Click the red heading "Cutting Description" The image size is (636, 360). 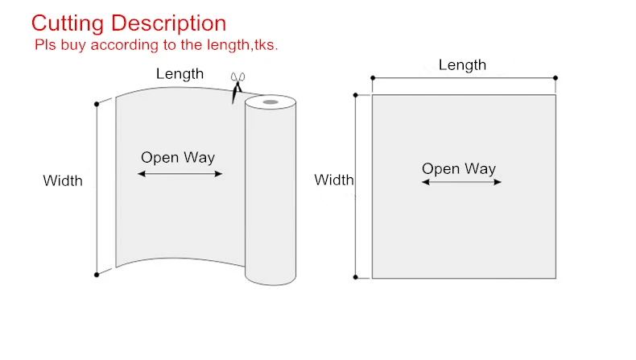(129, 23)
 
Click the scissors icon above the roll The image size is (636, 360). (237, 86)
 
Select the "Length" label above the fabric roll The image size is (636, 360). (180, 74)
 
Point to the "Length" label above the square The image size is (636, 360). (462, 65)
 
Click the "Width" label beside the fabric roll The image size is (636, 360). (63, 180)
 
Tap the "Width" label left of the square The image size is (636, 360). (333, 180)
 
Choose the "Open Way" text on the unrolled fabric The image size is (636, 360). (178, 157)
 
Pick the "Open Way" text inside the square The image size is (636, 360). (459, 168)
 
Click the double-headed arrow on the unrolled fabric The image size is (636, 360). (180, 173)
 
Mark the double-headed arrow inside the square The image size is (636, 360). (462, 182)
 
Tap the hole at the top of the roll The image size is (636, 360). (271, 102)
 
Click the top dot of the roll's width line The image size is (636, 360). (97, 103)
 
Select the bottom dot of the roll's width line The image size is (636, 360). (97, 275)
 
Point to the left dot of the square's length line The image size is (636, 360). (372, 78)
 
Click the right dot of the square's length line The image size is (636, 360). (555, 78)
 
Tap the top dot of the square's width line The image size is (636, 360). (356, 95)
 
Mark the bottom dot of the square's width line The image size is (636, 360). (356, 277)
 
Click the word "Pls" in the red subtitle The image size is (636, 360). (44, 45)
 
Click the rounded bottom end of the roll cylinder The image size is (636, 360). (271, 279)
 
